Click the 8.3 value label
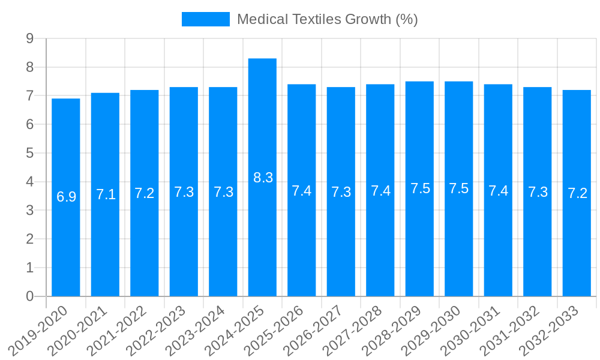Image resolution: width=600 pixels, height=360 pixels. pos(263,178)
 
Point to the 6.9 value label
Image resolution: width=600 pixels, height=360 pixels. pos(66,197)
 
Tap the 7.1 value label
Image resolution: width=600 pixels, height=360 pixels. pos(106,194)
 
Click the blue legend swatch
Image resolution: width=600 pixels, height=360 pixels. pos(205,19)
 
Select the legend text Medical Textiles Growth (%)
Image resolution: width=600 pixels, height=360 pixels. pos(327,19)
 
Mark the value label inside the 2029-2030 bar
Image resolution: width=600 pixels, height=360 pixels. pos(458,188)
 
